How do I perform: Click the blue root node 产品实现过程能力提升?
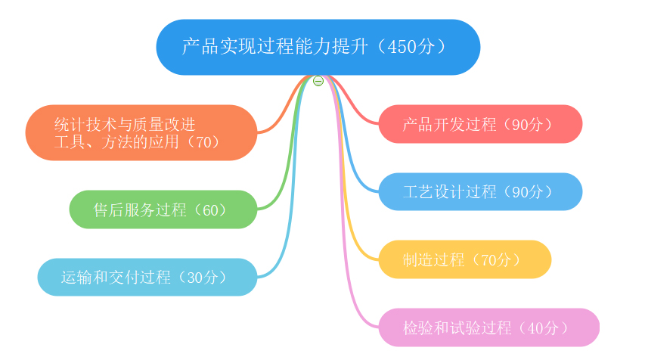coord(318,47)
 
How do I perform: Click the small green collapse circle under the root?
coord(318,81)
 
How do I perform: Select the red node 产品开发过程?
coord(480,124)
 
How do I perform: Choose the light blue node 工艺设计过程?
coord(480,192)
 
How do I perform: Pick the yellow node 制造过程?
coord(465,259)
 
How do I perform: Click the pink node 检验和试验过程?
coord(488,327)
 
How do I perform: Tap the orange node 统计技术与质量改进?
coord(141,132)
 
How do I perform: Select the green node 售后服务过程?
coord(163,209)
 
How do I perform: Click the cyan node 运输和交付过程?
coord(147,277)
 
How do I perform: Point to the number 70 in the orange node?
coord(203,142)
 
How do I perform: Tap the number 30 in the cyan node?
coord(194,278)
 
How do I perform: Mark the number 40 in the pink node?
coord(535,328)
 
